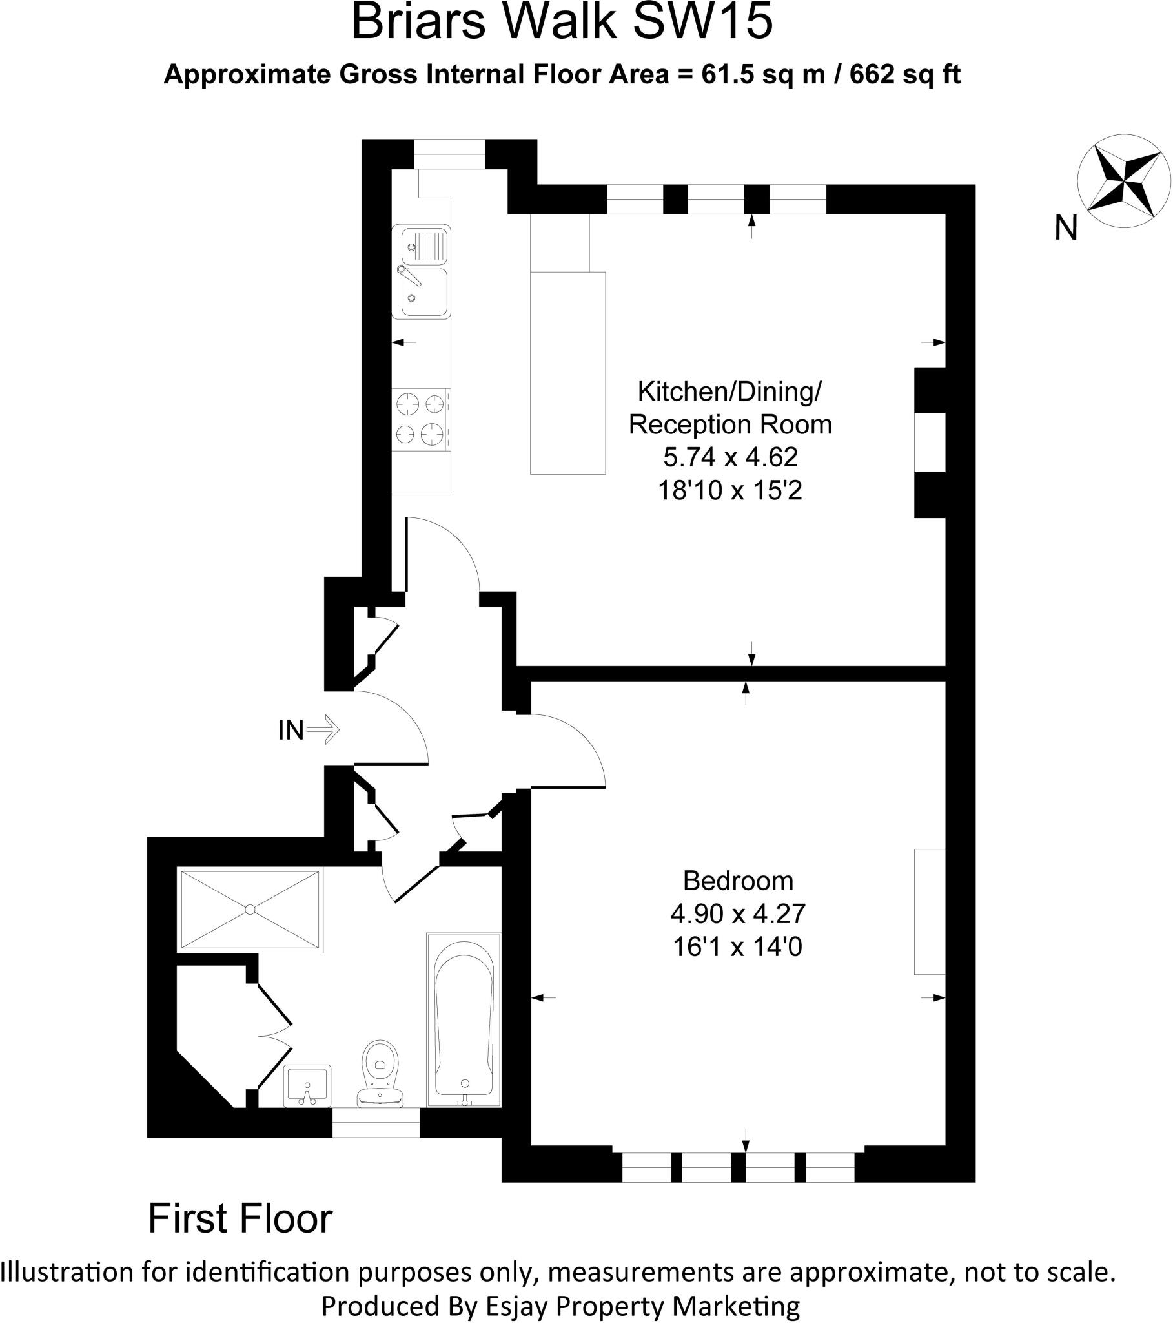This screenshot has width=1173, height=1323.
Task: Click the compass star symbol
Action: [x=1124, y=182]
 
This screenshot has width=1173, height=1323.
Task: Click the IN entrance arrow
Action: [x=323, y=729]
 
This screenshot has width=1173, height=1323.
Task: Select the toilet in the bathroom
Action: [x=380, y=1072]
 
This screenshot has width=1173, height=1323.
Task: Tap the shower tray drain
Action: [x=250, y=910]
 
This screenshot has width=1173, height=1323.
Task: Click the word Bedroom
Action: [x=738, y=881]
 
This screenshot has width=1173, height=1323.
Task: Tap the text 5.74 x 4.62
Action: [x=730, y=457]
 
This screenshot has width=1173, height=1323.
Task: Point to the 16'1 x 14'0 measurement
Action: [x=737, y=948]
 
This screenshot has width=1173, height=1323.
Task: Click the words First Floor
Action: [x=240, y=1219]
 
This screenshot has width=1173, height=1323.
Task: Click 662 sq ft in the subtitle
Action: [x=904, y=75]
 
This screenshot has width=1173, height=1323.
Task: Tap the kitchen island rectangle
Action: [x=567, y=373]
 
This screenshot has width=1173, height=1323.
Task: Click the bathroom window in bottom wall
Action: [x=375, y=1122]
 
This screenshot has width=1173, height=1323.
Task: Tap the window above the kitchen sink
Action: [x=449, y=154]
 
